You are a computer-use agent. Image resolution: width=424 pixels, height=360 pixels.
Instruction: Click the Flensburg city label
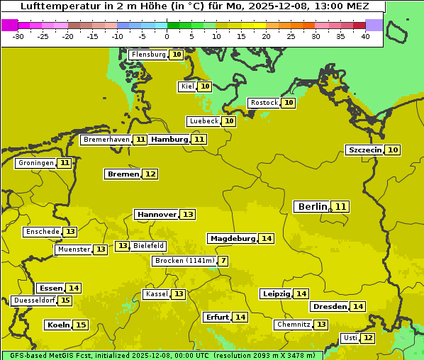(x=149, y=55)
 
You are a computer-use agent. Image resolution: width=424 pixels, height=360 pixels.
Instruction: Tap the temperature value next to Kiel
(x=205, y=86)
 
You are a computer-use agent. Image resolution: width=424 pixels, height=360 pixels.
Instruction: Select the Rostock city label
(x=264, y=103)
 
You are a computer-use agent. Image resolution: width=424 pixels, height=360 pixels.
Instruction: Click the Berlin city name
(x=313, y=207)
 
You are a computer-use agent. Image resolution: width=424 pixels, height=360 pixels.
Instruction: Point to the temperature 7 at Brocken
(x=224, y=261)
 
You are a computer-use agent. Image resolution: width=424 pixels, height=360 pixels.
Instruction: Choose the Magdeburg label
(x=232, y=239)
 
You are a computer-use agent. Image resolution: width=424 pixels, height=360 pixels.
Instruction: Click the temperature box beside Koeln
(x=81, y=325)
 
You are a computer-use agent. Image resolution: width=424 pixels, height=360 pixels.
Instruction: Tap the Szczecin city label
(x=365, y=150)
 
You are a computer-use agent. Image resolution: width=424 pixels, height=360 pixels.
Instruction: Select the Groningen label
(x=36, y=163)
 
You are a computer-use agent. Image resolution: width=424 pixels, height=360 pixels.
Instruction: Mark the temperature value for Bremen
(x=150, y=174)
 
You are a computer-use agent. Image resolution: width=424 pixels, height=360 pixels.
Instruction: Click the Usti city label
(x=350, y=338)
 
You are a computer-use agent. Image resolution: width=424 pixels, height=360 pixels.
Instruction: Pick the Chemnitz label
(x=294, y=325)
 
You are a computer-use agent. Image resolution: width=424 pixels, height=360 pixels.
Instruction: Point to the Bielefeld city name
(x=149, y=246)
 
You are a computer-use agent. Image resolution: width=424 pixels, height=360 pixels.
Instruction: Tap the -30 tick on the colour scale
(x=19, y=36)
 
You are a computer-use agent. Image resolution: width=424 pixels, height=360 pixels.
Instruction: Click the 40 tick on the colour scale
(x=365, y=36)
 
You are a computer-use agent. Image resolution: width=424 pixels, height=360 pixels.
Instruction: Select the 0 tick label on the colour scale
(x=167, y=36)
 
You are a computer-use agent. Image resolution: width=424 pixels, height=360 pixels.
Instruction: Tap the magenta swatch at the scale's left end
(x=9, y=25)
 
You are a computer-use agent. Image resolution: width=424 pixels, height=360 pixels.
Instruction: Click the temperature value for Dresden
(x=358, y=307)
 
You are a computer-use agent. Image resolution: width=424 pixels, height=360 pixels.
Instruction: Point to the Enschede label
(x=42, y=232)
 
